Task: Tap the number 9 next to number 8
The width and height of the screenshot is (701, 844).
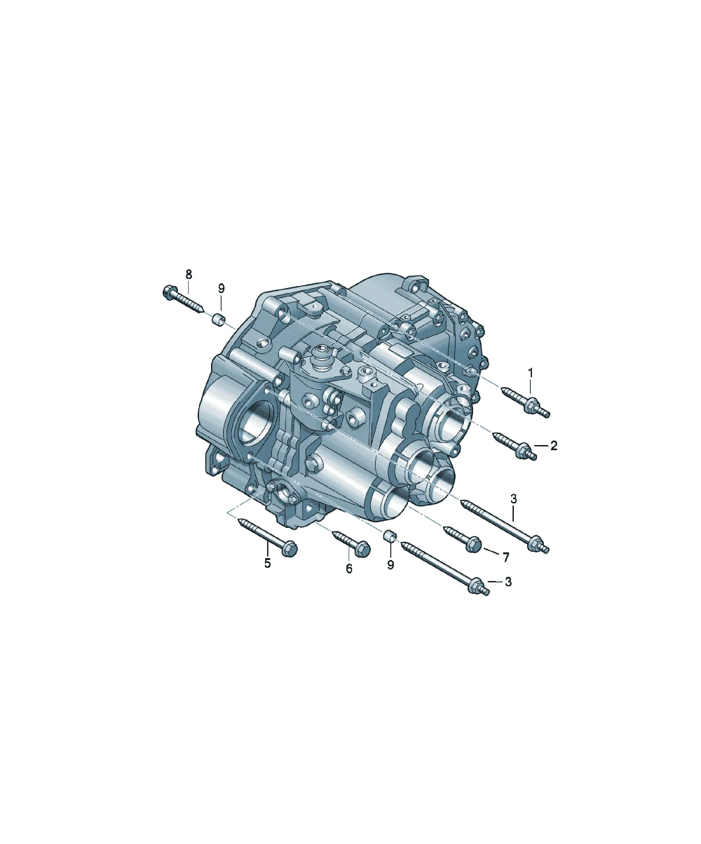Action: click(222, 288)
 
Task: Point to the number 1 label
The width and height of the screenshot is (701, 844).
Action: click(531, 373)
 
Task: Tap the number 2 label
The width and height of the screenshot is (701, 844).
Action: click(554, 445)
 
